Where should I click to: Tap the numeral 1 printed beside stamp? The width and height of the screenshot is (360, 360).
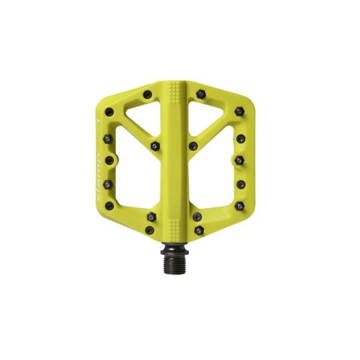coord(99,122)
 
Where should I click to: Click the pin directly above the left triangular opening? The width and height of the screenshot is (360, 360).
coord(147,94)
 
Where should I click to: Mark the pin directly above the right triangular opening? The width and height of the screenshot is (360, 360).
coord(201,94)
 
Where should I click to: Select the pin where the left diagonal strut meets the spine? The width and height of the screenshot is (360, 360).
coord(155,146)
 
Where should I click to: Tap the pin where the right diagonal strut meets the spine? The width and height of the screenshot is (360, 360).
coord(193,146)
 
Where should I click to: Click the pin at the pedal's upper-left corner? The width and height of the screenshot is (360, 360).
coord(109,112)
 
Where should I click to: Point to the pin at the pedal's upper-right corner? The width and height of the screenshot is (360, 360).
coord(239,111)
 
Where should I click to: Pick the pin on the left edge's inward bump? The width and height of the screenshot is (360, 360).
coord(109,160)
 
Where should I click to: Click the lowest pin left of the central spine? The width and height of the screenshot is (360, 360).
coord(150,230)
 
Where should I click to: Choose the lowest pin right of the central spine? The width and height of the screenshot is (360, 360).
coord(199,230)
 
